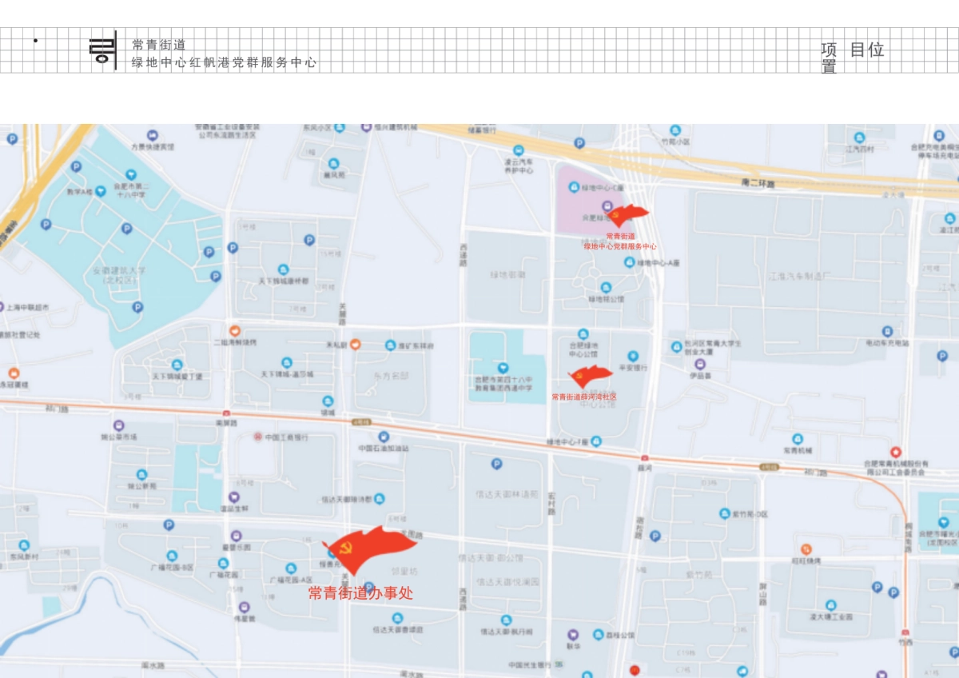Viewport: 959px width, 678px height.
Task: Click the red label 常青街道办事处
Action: (360, 593)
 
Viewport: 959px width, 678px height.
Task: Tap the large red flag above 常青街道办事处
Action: (369, 547)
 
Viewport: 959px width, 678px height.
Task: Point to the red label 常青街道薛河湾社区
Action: (583, 397)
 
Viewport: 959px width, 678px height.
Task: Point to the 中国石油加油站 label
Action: (383, 449)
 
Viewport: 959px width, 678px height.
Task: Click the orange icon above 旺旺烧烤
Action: (806, 549)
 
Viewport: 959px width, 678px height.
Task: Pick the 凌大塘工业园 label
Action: (831, 617)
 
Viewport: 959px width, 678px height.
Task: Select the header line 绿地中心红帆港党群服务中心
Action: (224, 62)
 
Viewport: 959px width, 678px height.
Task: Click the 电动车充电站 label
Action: (887, 343)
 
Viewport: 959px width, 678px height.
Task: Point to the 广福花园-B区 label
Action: (171, 567)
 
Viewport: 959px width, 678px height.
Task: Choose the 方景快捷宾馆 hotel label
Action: (152, 146)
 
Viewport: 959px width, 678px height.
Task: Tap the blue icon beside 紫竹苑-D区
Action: (725, 513)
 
